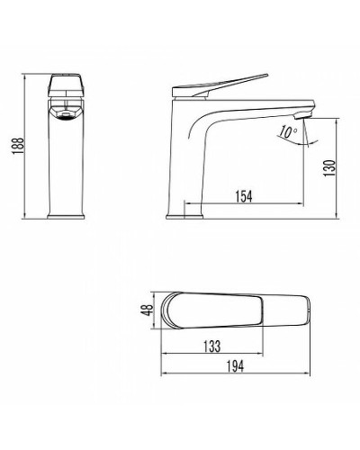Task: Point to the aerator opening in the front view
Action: coord(64,114)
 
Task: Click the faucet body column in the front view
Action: coord(64,166)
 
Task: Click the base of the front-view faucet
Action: coord(64,213)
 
